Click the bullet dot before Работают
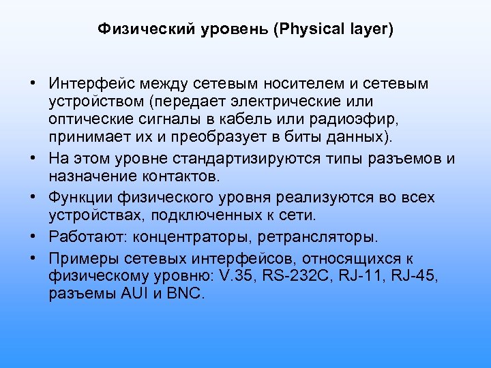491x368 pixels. click(33, 237)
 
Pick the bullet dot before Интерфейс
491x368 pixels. click(33, 84)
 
